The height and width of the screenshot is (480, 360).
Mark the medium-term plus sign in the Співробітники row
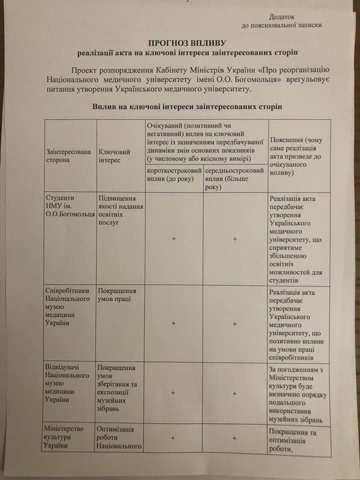pos(234,323)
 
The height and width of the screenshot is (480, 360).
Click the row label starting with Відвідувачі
pos(67,383)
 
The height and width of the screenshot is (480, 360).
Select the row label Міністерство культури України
pos(64,437)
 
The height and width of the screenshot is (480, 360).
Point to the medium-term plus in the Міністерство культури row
pos(234,438)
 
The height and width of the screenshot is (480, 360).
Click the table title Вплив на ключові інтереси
pos(187,106)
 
